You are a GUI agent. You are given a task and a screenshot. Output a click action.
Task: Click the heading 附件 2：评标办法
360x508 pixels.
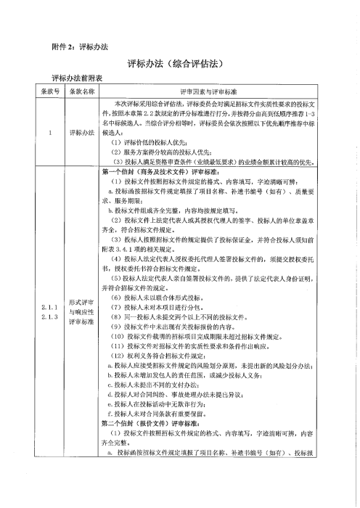coord(81,46)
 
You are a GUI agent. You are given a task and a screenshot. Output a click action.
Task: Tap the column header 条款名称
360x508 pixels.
coord(82,92)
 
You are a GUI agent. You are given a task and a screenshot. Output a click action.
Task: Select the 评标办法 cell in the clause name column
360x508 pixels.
coord(82,134)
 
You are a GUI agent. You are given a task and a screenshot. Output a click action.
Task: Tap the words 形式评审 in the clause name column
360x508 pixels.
coord(82,301)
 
